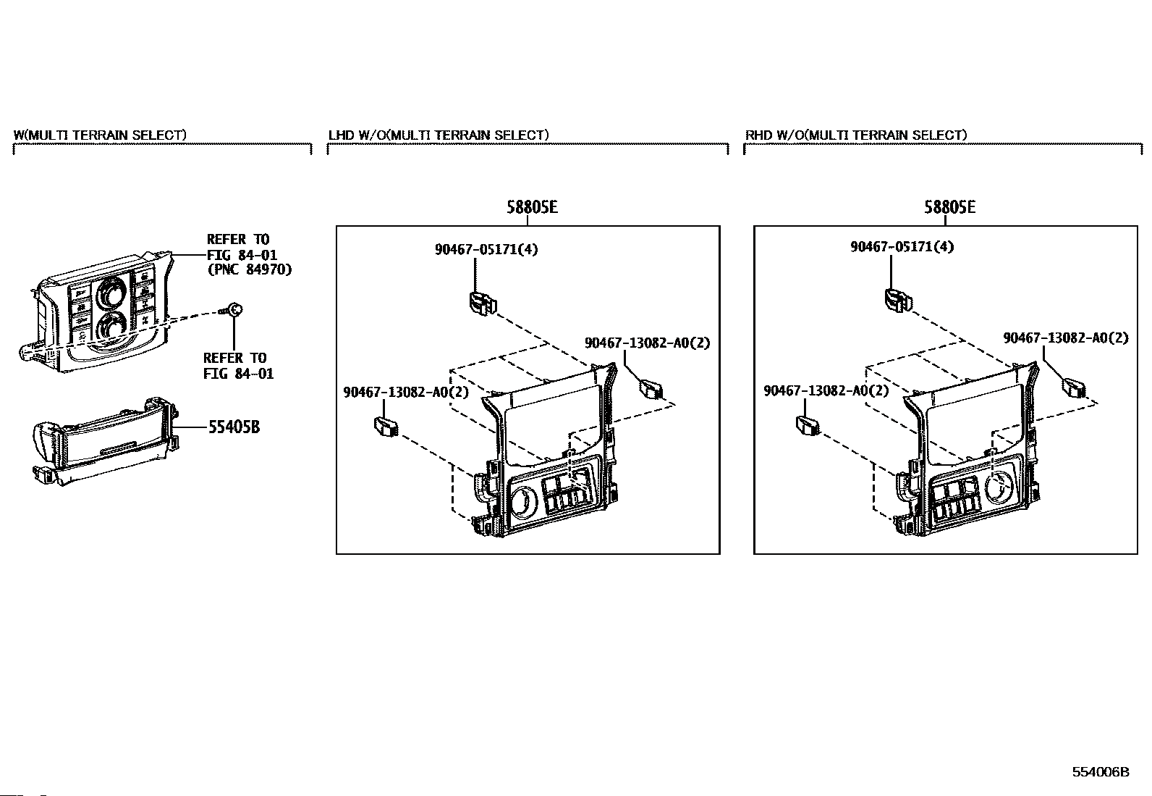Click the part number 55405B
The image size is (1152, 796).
233,427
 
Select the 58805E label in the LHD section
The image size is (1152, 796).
532,207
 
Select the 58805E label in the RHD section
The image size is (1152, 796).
949,207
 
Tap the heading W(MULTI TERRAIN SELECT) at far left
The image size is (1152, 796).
100,135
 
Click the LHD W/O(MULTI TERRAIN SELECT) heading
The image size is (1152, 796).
439,135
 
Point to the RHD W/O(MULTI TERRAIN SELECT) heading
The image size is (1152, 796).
856,135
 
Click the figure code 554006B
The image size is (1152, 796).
1100,772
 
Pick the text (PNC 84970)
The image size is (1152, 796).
249,269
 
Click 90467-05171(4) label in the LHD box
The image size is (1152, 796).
486,249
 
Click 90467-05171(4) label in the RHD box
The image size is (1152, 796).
902,246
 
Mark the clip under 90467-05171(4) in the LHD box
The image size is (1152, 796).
480,302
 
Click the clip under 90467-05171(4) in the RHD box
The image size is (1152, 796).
896,299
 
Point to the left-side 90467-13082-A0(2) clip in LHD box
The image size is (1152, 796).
386,426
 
